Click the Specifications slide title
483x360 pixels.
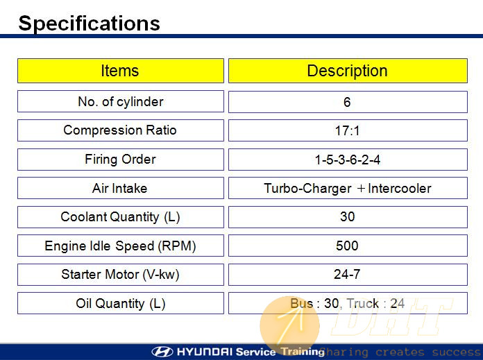point(90,24)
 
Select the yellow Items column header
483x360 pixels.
point(121,71)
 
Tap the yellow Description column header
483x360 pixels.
point(348,71)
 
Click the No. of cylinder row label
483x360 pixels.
point(121,102)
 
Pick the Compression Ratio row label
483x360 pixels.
point(120,130)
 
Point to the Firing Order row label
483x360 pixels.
point(120,160)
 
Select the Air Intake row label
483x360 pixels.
point(119,188)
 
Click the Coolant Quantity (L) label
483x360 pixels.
point(120,217)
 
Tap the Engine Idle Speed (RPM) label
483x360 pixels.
point(120,246)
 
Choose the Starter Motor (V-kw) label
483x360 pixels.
point(120,275)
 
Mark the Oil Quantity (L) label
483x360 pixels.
point(121,303)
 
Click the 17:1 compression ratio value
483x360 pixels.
point(347,130)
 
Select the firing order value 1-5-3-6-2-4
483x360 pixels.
point(348,160)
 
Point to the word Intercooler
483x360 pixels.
point(400,189)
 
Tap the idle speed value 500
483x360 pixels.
point(347,246)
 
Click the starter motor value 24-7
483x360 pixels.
point(347,274)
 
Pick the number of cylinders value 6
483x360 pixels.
point(347,102)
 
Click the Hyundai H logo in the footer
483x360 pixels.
point(162,352)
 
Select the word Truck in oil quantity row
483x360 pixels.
point(363,304)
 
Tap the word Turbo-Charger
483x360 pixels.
point(307,189)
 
